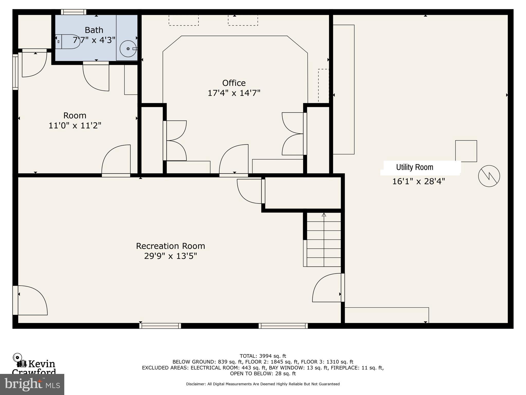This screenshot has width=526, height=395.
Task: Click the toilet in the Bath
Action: coord(68,41)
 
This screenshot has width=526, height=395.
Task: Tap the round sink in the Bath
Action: coord(128,49)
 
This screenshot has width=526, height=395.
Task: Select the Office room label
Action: coord(234,83)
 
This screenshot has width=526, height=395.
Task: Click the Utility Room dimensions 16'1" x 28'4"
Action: coord(418,181)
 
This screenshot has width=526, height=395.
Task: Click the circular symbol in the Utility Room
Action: coord(489,176)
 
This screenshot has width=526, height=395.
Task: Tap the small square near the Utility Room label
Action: coord(466,151)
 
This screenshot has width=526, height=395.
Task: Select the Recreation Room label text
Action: coord(170,246)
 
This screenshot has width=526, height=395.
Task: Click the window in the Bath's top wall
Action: coord(74,12)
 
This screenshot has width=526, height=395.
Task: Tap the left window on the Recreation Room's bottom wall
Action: coord(160,326)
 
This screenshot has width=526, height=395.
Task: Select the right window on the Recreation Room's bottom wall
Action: coord(283,326)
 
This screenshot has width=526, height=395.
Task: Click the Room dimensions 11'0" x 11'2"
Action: coord(75,125)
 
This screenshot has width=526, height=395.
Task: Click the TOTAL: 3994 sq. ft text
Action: coord(262,356)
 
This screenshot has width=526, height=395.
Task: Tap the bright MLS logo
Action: coord(32,384)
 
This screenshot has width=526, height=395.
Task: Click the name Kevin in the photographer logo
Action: coord(42,364)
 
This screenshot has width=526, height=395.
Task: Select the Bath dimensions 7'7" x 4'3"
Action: coord(94,40)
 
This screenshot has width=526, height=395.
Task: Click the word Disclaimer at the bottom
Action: coord(196,384)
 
